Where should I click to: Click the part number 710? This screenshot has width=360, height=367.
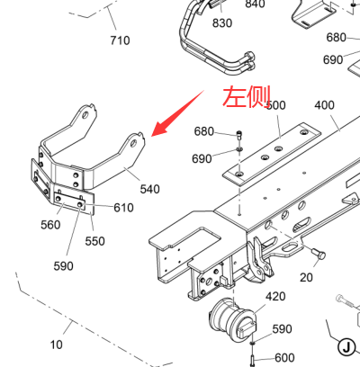coord(120,40)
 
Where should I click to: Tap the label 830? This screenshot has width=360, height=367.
coord(222,22)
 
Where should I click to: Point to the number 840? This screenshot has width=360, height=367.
coord(255,4)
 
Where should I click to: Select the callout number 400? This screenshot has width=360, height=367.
coord(325,105)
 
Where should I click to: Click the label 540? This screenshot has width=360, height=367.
coord(150,189)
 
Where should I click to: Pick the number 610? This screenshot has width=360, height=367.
coord(123,208)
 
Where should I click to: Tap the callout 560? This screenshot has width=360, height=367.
coord(50,225)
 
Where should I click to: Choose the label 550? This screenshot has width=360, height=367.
coord(94,241)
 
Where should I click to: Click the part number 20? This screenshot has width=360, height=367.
coord(306,277)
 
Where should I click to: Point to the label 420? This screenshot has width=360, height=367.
coord(275,296)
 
